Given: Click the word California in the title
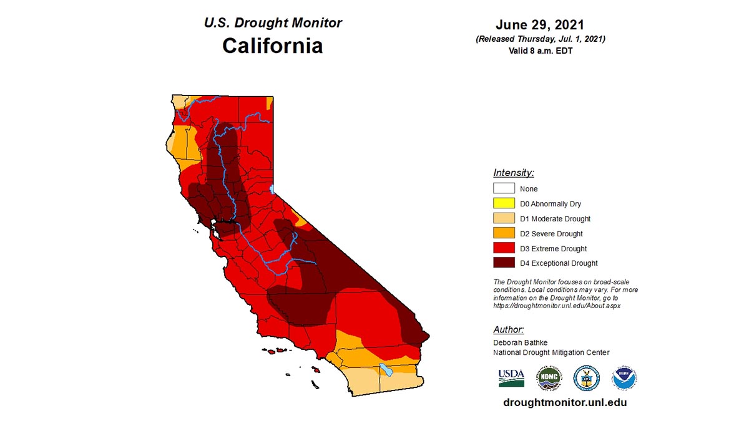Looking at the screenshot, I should click(273, 46).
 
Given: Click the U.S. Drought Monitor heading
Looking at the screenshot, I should click(273, 22).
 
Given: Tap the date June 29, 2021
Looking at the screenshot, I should click(540, 25).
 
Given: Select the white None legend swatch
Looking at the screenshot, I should click(504, 188).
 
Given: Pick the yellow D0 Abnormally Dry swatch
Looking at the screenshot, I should click(504, 203).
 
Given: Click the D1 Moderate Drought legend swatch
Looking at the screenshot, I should click(504, 218).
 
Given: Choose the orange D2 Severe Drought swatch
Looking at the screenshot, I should click(504, 233).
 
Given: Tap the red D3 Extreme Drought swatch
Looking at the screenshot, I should click(504, 248).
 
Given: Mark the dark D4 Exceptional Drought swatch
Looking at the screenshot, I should click(504, 263).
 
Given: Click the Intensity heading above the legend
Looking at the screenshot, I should click(513, 173).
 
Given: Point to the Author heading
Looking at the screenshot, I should click(508, 329).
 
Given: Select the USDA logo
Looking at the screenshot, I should click(511, 377).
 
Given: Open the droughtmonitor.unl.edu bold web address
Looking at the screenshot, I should click(565, 402).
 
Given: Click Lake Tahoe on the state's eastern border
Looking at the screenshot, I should click(272, 188).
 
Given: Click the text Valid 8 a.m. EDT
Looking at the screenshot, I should click(541, 51).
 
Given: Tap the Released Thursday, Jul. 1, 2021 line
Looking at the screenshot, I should click(541, 39).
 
